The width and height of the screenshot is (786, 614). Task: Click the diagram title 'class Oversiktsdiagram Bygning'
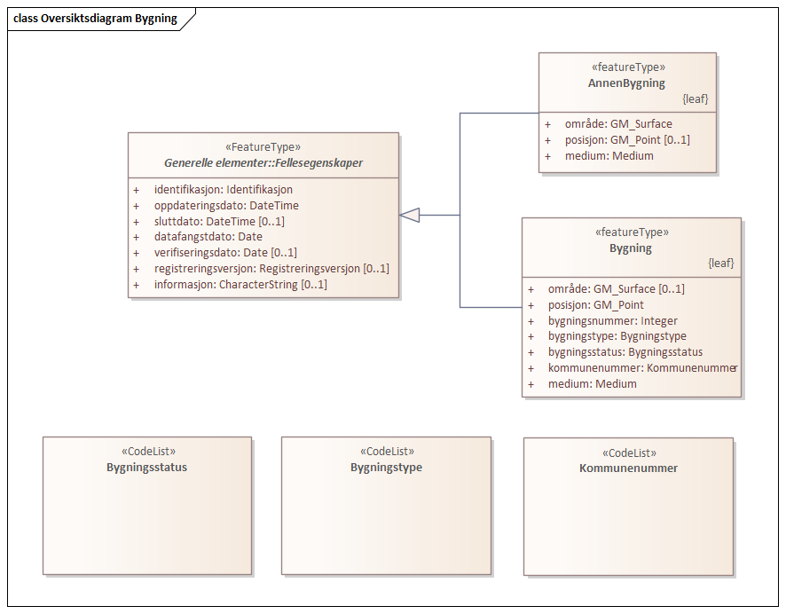tap(95, 19)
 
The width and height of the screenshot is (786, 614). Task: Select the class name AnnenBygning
tap(627, 83)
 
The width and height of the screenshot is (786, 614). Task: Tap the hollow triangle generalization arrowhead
tap(409, 215)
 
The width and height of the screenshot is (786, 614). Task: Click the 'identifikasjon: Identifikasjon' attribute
tap(223, 189)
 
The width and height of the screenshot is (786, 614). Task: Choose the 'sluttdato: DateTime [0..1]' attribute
tap(219, 221)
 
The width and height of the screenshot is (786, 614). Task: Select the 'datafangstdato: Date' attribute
tap(208, 237)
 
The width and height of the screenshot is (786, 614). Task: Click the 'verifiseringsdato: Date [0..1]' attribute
tap(225, 253)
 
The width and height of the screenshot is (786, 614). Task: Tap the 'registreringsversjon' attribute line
tap(271, 269)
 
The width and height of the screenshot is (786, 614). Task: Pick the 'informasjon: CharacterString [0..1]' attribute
tap(240, 285)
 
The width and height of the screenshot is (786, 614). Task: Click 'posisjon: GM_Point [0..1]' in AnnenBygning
tap(627, 139)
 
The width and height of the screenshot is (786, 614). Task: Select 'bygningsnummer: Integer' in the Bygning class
tap(613, 320)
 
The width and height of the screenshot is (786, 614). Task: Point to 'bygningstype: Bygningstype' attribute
tap(617, 336)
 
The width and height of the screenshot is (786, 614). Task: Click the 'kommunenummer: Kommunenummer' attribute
tap(643, 368)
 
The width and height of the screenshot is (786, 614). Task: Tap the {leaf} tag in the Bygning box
tap(720, 264)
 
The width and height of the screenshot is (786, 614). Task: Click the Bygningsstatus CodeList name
tap(146, 468)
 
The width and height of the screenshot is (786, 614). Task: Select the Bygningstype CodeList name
tap(386, 468)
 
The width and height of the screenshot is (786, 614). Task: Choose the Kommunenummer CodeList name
tap(628, 468)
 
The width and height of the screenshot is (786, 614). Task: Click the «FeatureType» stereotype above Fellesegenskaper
tap(263, 147)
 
